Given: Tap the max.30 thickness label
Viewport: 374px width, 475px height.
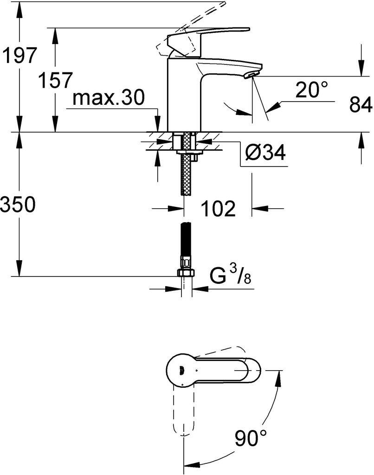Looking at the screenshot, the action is (x=109, y=97).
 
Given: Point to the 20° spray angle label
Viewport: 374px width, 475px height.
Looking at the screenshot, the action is (x=311, y=90).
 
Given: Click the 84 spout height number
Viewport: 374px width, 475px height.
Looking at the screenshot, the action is (x=361, y=104).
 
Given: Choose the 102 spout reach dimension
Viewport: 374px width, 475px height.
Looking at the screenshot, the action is (x=218, y=208).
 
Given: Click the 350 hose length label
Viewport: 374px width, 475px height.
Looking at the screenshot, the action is (x=18, y=204).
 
